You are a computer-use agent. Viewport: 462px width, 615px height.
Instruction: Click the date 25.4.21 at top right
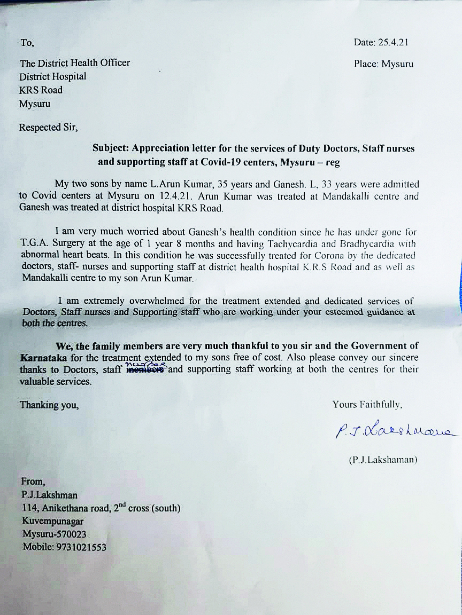[394, 42]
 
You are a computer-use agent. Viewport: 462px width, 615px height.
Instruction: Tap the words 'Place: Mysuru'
[383, 64]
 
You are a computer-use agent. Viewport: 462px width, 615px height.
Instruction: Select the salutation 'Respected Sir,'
[48, 128]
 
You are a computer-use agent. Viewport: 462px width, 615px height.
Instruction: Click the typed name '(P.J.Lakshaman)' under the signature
[383, 460]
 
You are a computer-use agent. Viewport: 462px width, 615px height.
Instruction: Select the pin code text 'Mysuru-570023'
[54, 534]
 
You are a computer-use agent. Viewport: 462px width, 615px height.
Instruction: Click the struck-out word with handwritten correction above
[147, 369]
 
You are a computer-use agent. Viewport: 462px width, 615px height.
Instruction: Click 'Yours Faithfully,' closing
[367, 404]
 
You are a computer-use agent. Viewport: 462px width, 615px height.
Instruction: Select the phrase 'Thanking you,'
[49, 405]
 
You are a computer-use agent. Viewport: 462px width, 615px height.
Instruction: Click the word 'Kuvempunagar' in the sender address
[52, 521]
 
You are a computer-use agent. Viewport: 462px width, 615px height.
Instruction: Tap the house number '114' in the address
[28, 508]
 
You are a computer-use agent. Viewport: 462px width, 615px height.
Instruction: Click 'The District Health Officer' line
[75, 63]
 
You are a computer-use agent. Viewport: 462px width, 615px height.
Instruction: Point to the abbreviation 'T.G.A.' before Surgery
[35, 243]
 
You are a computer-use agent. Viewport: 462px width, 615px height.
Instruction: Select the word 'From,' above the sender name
[33, 482]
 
